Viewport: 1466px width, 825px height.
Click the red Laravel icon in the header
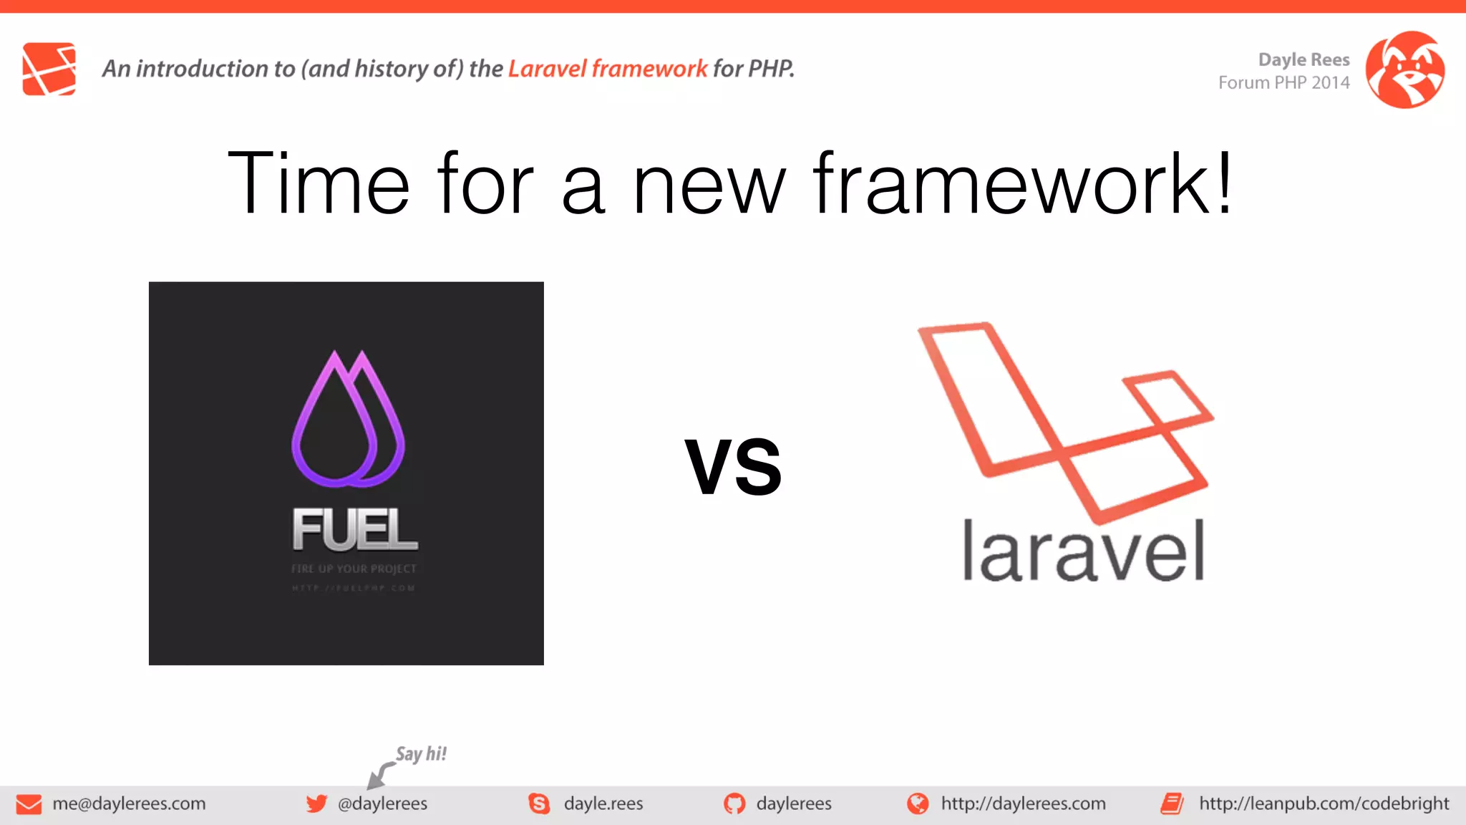[49, 69]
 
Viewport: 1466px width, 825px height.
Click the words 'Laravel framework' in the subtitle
[607, 69]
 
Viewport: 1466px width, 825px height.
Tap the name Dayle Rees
[1304, 59]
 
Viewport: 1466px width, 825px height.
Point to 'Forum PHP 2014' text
[1283, 83]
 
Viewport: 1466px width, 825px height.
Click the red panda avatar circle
[1404, 69]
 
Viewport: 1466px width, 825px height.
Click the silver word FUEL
[354, 530]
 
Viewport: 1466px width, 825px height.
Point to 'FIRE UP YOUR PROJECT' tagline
[354, 569]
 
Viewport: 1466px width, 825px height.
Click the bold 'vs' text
[733, 467]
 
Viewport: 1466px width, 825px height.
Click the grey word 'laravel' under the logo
[1083, 551]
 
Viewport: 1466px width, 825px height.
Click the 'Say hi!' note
[421, 754]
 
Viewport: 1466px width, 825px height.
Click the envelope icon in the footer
[29, 804]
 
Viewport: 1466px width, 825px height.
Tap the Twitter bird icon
[316, 804]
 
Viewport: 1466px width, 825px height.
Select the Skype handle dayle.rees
[603, 804]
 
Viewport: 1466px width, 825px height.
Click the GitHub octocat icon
[734, 804]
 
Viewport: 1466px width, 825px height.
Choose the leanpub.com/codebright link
[1324, 804]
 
